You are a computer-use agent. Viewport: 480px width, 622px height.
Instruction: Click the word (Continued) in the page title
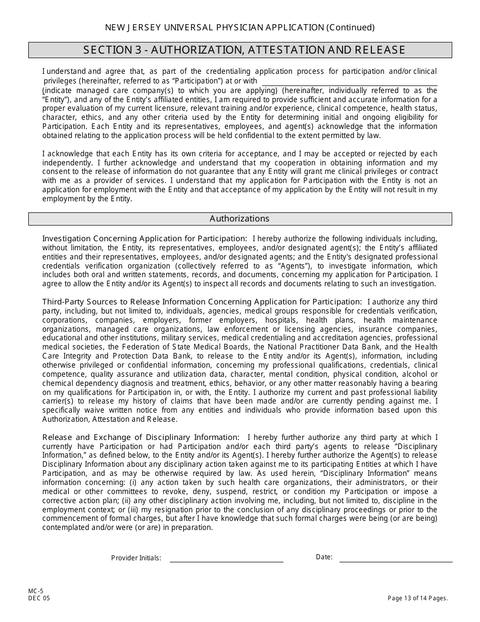pyautogui.click(x=350, y=27)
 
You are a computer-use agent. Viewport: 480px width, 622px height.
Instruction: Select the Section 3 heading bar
pyautogui.click(x=240, y=50)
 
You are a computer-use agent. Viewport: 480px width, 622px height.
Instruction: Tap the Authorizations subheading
pyautogui.click(x=239, y=218)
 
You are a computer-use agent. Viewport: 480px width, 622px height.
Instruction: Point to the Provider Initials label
pyautogui.click(x=136, y=558)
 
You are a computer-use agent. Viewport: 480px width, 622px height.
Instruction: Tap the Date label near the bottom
pyautogui.click(x=324, y=557)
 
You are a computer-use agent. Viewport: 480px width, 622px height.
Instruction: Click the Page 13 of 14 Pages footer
pyautogui.click(x=417, y=598)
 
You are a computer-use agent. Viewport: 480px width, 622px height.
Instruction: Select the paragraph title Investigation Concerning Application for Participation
pyautogui.click(x=145, y=238)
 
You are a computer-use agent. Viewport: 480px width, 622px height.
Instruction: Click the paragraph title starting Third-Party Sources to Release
pyautogui.click(x=202, y=301)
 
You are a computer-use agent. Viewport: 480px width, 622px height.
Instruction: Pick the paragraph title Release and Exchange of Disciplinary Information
pyautogui.click(x=140, y=437)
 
